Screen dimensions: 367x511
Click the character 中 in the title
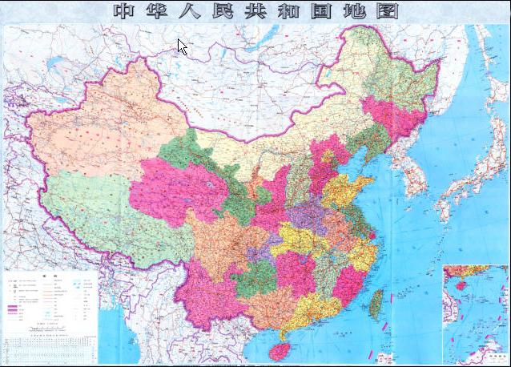click(x=126, y=11)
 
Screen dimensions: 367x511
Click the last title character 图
click(x=388, y=11)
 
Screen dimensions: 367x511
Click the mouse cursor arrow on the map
click(x=182, y=46)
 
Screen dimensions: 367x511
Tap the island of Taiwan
click(x=376, y=303)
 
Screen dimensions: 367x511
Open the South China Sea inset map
click(x=476, y=313)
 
